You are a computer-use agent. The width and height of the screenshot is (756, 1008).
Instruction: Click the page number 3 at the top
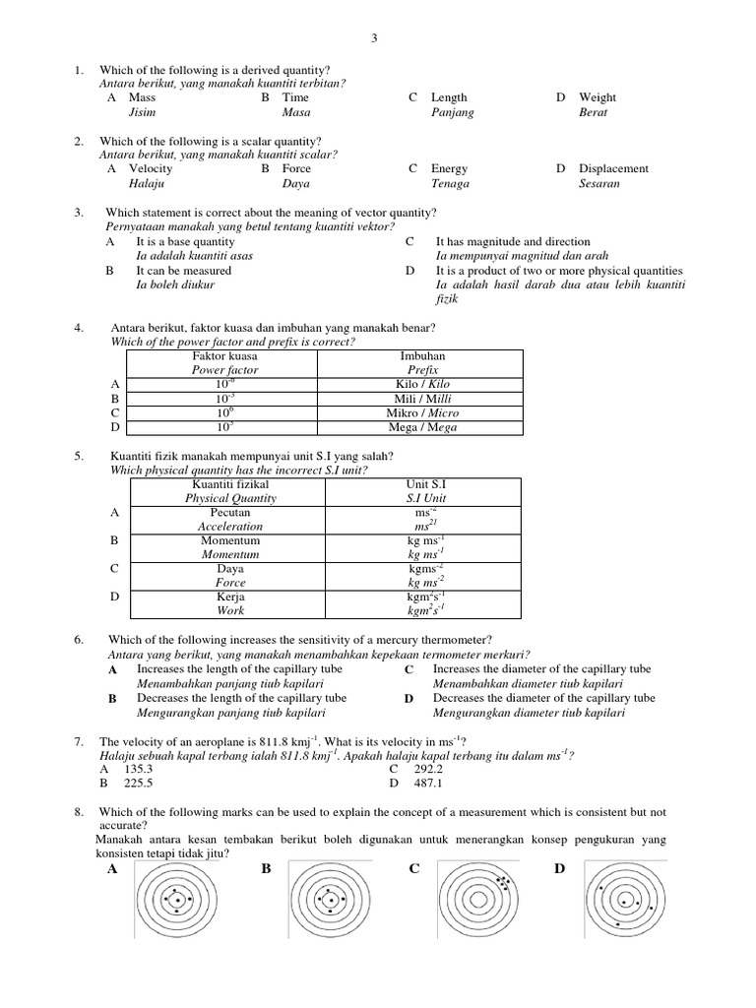click(374, 38)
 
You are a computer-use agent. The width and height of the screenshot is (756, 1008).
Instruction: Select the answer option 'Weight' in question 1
click(598, 97)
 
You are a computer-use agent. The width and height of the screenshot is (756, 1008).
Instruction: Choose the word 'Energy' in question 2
click(449, 168)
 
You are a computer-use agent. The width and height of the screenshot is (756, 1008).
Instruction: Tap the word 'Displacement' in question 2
click(613, 168)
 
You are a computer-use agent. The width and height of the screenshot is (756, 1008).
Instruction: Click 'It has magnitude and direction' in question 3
click(513, 241)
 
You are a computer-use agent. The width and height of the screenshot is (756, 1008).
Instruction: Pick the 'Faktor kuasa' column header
click(222, 355)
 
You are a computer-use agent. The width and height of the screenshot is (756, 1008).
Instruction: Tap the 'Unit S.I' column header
click(426, 484)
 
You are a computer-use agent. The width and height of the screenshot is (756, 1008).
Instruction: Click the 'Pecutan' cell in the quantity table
click(229, 513)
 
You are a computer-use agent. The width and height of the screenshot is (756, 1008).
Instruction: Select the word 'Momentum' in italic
click(229, 554)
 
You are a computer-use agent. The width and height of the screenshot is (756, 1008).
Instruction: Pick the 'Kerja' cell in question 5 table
click(229, 597)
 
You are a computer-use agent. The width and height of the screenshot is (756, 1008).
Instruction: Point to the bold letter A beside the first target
click(110, 869)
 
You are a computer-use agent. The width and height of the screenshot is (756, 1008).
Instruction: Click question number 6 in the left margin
click(79, 640)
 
